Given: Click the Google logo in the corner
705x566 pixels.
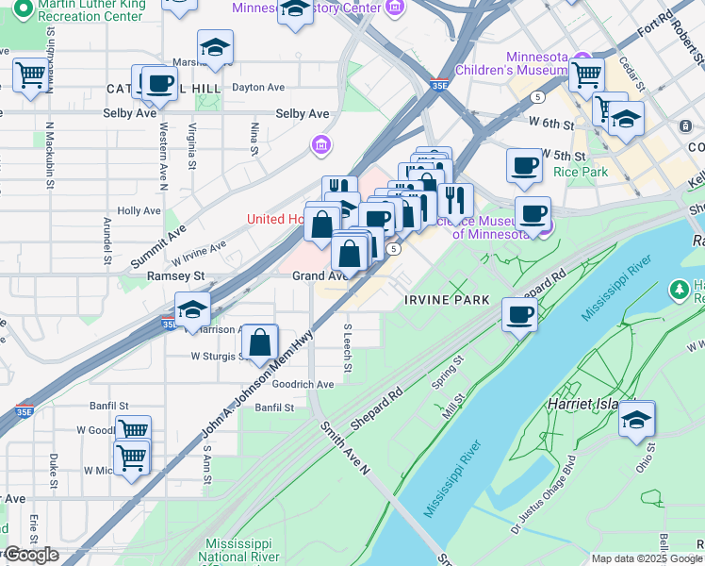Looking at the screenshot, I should coord(31,555).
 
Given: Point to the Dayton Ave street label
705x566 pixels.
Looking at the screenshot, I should coord(258,87).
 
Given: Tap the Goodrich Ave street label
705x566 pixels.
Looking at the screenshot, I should coord(303,384).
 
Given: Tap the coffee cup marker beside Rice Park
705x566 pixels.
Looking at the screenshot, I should coord(524,165).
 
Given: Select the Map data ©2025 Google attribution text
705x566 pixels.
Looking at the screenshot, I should coord(646,558).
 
